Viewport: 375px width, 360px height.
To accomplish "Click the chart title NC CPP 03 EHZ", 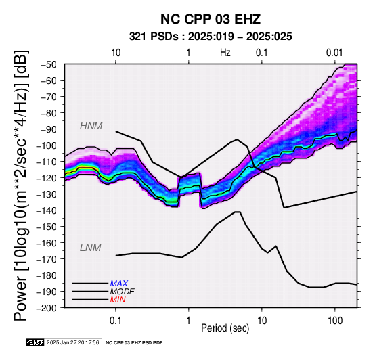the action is tap(211, 19).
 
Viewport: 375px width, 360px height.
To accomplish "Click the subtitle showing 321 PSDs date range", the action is tap(211, 37).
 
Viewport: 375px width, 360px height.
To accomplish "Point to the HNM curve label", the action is tap(91, 126).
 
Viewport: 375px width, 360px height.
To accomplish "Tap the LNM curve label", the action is tap(91, 248).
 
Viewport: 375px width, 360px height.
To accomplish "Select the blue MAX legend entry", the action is tap(119, 284).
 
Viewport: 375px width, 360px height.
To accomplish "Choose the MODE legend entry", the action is tap(123, 292).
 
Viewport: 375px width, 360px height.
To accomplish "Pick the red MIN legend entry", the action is tap(118, 300).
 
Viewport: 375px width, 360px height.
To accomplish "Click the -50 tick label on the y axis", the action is tap(49, 64).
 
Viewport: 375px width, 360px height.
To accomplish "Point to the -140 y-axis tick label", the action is tap(47, 210).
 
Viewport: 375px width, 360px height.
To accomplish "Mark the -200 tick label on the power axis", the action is tap(47, 308).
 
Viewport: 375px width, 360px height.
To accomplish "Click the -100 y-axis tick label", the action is tap(47, 145).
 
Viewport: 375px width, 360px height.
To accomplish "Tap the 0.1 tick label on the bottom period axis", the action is tap(116, 321).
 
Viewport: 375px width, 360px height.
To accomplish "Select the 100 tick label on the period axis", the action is tap(335, 321).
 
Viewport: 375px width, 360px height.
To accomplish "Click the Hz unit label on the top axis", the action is tap(225, 53).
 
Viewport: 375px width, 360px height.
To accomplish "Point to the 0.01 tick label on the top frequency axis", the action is tap(335, 53).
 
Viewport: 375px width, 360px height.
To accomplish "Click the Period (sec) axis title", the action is tap(225, 328).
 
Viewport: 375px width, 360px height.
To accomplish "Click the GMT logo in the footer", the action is tap(35, 342).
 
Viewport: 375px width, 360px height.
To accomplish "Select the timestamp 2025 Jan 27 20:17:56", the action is tap(72, 342).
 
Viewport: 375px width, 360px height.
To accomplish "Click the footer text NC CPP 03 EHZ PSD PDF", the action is tap(134, 343).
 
